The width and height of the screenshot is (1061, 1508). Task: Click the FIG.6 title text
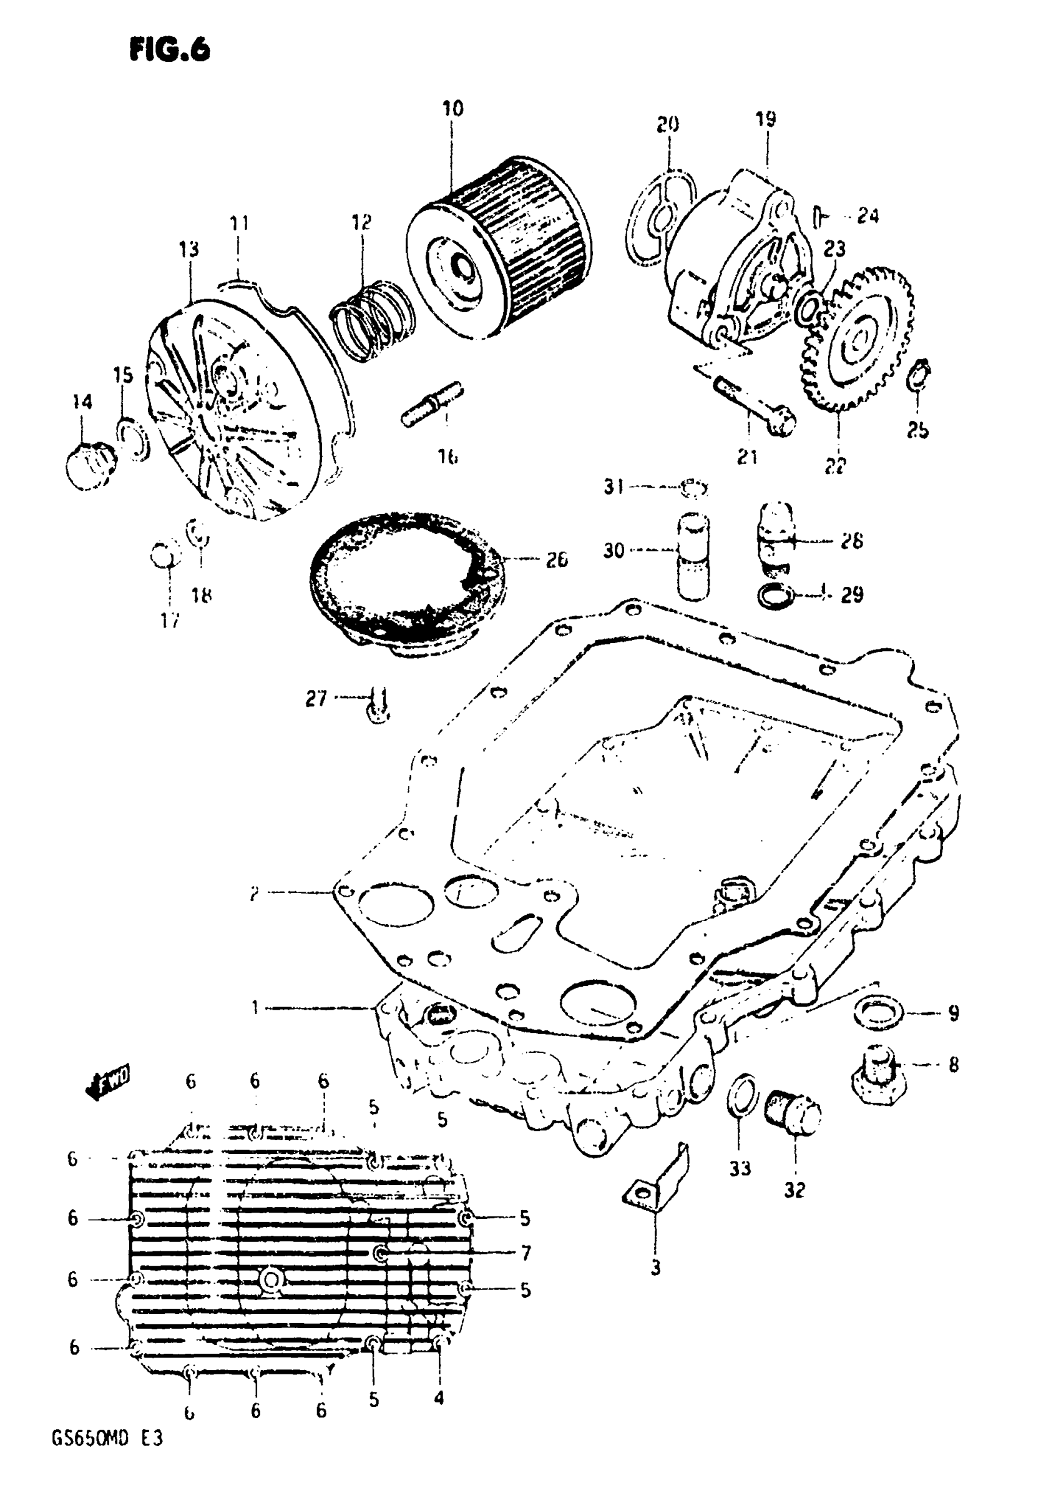170,49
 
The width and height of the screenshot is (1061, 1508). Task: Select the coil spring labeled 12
370,319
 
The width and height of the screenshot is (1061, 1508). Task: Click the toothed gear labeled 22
857,339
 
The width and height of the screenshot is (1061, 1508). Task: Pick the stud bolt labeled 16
433,405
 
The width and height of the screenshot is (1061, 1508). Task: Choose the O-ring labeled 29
775,596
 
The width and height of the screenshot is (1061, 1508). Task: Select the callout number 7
526,1253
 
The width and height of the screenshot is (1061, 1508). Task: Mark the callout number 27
316,698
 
